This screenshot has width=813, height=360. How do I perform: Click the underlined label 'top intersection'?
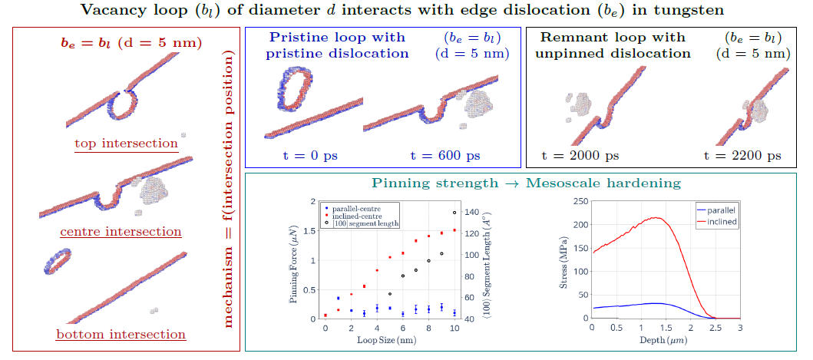[127, 144]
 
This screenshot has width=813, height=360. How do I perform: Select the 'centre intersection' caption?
[121, 231]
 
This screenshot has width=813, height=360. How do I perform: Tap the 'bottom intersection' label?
[121, 335]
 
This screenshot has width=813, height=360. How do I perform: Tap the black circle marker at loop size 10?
[454, 212]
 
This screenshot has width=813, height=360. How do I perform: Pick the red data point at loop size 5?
[390, 257]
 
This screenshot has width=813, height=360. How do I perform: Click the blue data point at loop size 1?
[338, 299]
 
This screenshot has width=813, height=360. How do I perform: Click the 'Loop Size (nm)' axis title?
[387, 340]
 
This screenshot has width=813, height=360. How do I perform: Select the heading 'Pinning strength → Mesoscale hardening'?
[527, 183]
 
